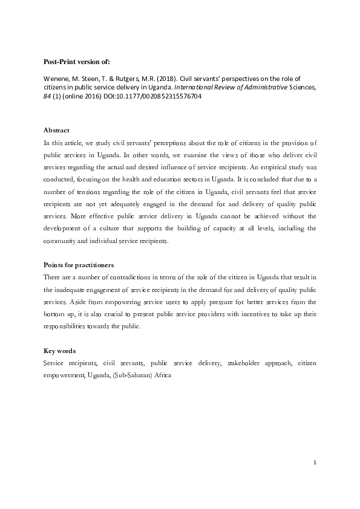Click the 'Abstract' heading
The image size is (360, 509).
[x=56, y=130]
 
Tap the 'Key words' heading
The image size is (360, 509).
[x=59, y=351]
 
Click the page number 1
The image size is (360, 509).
[x=315, y=463]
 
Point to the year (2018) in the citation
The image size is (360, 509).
[x=148, y=79]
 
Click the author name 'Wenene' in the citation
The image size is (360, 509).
[x=56, y=79]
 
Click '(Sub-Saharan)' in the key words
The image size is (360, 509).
[x=131, y=374]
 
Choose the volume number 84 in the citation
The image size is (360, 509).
[x=48, y=96]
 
